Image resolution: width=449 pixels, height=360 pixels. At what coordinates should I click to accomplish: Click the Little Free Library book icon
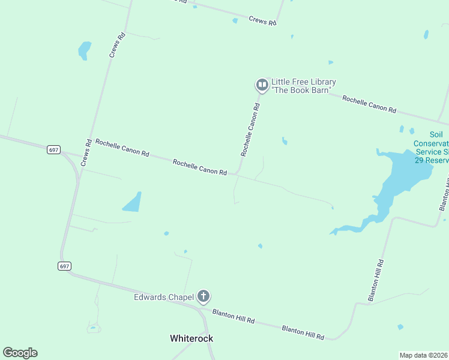[x=262, y=85]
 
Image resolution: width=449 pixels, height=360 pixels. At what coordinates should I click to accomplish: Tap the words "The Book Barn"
[x=301, y=90]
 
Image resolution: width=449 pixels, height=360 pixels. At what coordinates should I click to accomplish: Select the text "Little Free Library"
[x=303, y=82]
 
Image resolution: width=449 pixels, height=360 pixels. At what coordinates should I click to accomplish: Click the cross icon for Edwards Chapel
[x=204, y=296]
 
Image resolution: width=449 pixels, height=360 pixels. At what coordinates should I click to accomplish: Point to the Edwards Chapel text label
[x=164, y=297]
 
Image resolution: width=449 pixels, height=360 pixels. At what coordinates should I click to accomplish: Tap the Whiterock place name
[x=191, y=338]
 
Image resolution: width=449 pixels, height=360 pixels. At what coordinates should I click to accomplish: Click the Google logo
[x=20, y=353]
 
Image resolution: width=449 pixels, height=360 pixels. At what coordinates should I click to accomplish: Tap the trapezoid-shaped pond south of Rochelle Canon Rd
[x=133, y=203]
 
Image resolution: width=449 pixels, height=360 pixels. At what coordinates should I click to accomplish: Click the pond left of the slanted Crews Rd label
[x=84, y=50]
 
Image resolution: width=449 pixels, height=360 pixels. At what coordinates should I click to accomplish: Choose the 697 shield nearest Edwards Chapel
[x=65, y=266]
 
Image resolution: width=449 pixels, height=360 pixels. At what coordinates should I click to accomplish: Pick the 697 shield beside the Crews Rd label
[x=53, y=149]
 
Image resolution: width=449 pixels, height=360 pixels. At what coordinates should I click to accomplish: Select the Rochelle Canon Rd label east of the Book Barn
[x=369, y=104]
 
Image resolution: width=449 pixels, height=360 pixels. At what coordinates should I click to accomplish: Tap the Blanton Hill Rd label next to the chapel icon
[x=234, y=317]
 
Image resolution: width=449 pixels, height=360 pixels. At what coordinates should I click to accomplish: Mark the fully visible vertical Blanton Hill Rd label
[x=376, y=280]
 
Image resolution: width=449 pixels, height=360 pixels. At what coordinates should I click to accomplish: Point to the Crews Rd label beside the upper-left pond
[x=117, y=45]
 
